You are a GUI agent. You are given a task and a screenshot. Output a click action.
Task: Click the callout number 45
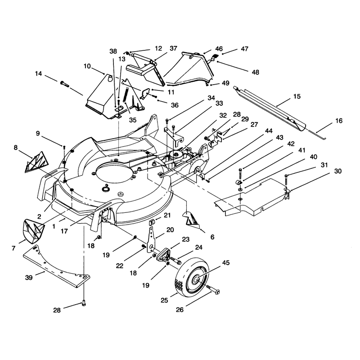pos(226,263)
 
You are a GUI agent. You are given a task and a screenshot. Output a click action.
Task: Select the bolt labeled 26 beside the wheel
pos(213,289)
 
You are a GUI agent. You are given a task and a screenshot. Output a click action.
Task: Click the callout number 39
pos(29,278)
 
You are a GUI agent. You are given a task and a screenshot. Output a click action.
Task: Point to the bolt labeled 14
pos(64,83)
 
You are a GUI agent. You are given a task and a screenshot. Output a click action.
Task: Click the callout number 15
pos(297,96)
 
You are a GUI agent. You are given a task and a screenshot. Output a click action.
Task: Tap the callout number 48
pos(255,72)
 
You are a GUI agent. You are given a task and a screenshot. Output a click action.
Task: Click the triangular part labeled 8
pos(37,162)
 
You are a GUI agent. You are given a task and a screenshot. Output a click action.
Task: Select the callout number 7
pos(13,248)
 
